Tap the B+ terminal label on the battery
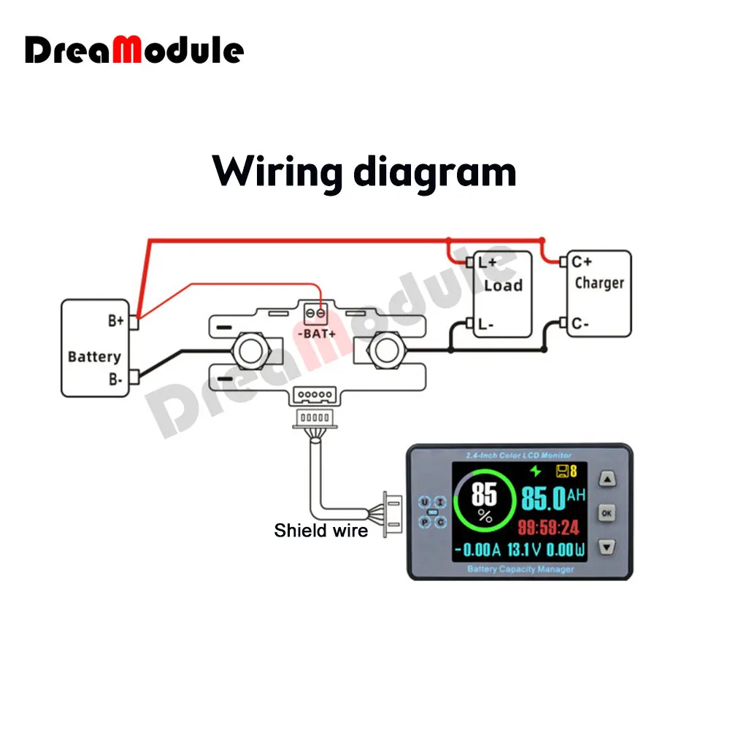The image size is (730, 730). click(x=116, y=320)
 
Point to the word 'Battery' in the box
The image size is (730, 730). click(x=93, y=357)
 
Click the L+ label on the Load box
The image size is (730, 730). click(x=487, y=262)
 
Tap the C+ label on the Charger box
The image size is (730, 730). click(x=582, y=261)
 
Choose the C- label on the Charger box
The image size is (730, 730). click(x=581, y=323)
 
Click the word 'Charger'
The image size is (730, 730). click(x=599, y=283)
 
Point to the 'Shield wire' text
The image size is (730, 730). click(x=321, y=531)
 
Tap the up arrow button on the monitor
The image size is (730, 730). click(x=607, y=479)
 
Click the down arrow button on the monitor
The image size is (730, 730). click(x=607, y=547)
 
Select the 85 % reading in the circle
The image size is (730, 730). click(x=484, y=502)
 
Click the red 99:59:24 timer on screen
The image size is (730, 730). click(x=548, y=527)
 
